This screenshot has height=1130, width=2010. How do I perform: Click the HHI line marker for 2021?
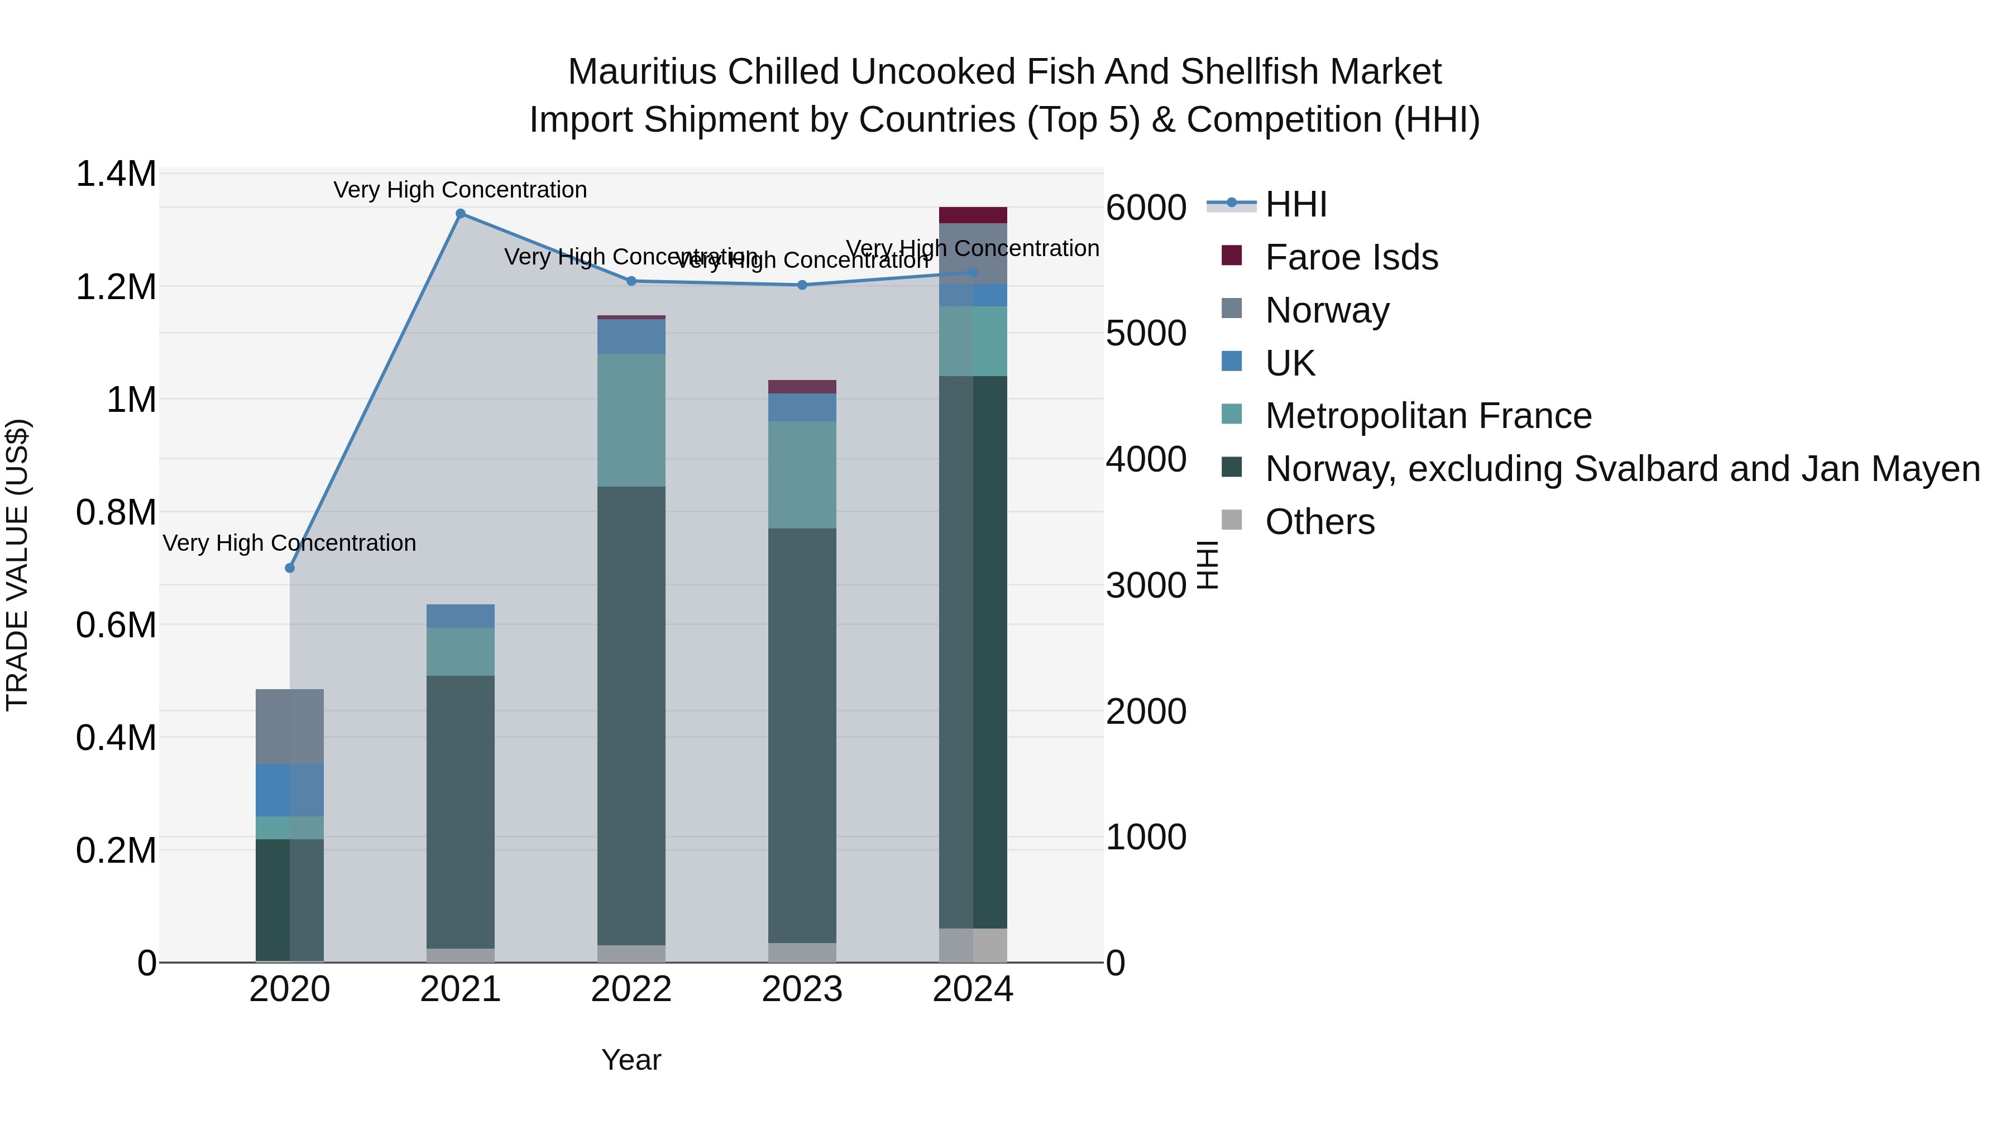tap(461, 214)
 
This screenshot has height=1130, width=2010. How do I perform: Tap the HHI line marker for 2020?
tap(289, 568)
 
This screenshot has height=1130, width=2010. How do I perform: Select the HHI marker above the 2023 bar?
tap(802, 285)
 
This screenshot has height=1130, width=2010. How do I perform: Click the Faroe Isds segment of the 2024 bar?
tap(973, 215)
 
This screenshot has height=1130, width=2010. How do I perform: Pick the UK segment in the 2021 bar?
tap(461, 616)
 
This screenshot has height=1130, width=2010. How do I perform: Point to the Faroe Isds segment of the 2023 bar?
tap(802, 387)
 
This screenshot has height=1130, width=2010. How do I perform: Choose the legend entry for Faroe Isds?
tap(1351, 257)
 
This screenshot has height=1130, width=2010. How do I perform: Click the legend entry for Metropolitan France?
tap(1427, 416)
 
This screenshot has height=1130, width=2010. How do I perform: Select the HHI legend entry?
tap(1295, 204)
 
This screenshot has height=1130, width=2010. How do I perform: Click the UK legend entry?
tap(1290, 363)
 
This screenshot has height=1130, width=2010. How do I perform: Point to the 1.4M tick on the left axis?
tap(116, 174)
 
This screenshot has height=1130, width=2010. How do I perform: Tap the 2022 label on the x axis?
tap(631, 989)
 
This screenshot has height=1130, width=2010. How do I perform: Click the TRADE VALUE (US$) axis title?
tap(18, 565)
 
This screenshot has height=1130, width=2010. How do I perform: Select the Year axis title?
tap(631, 1060)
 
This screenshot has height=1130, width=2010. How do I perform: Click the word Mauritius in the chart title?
tap(642, 72)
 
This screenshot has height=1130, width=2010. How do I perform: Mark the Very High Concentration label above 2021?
tap(461, 190)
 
